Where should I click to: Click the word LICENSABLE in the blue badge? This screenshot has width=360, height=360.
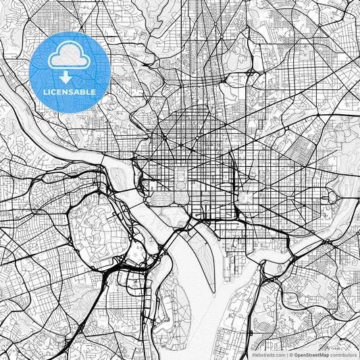(x=70, y=92)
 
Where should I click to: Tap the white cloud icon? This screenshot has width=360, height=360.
(x=70, y=54)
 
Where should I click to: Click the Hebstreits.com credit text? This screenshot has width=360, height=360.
(x=268, y=355)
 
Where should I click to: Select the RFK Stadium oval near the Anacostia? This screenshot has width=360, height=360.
(x=332, y=197)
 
